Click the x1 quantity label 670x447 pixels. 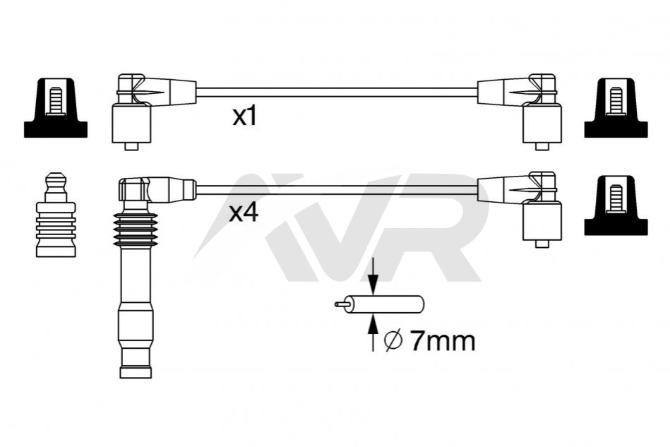click(x=245, y=117)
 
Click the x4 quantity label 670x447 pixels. click(x=244, y=213)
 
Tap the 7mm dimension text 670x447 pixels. click(x=442, y=340)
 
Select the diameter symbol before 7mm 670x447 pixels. click(x=393, y=341)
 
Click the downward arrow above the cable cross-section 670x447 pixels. click(x=373, y=276)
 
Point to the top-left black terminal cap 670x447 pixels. click(x=56, y=108)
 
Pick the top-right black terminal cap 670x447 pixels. click(x=616, y=108)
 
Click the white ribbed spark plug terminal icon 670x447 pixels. click(x=56, y=215)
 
